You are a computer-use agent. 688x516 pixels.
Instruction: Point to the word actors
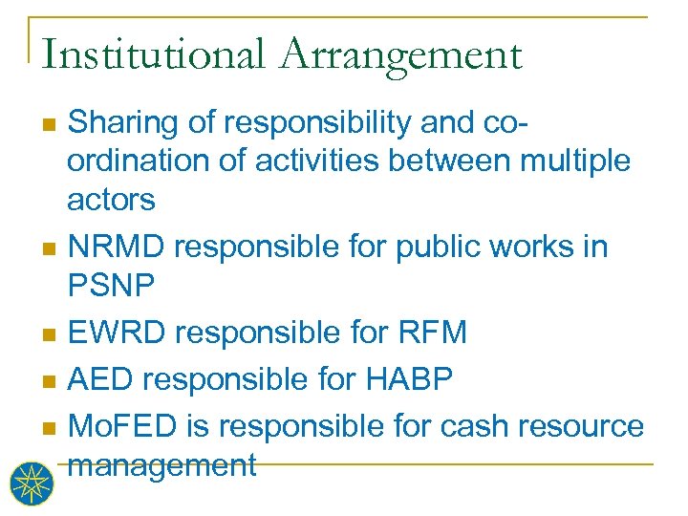[x=111, y=200]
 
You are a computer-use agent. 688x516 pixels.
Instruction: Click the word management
[x=162, y=465]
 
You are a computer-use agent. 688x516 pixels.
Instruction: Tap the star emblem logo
[x=32, y=483]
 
